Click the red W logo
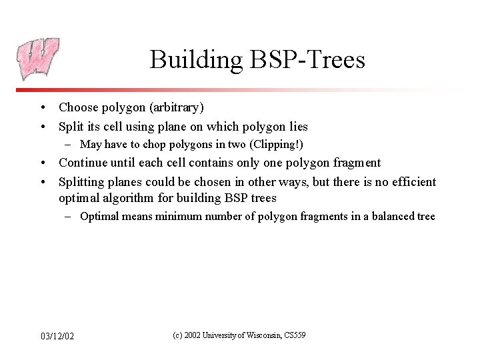pyautogui.click(x=37, y=59)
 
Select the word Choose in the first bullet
pyautogui.click(x=77, y=107)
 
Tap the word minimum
pyautogui.click(x=178, y=217)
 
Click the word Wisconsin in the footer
pyautogui.click(x=261, y=335)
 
